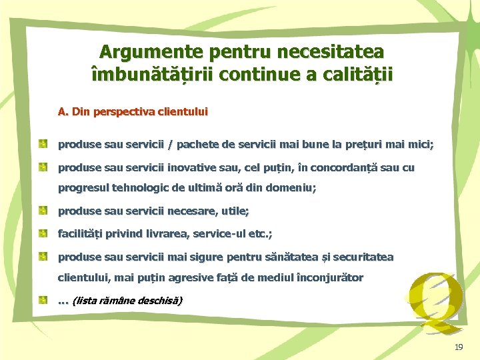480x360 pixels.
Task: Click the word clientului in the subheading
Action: tap(181, 112)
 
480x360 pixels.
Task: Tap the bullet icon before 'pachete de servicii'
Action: tap(43, 143)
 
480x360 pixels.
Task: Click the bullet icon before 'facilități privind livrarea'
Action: tap(43, 233)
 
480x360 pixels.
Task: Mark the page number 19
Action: tap(458, 347)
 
